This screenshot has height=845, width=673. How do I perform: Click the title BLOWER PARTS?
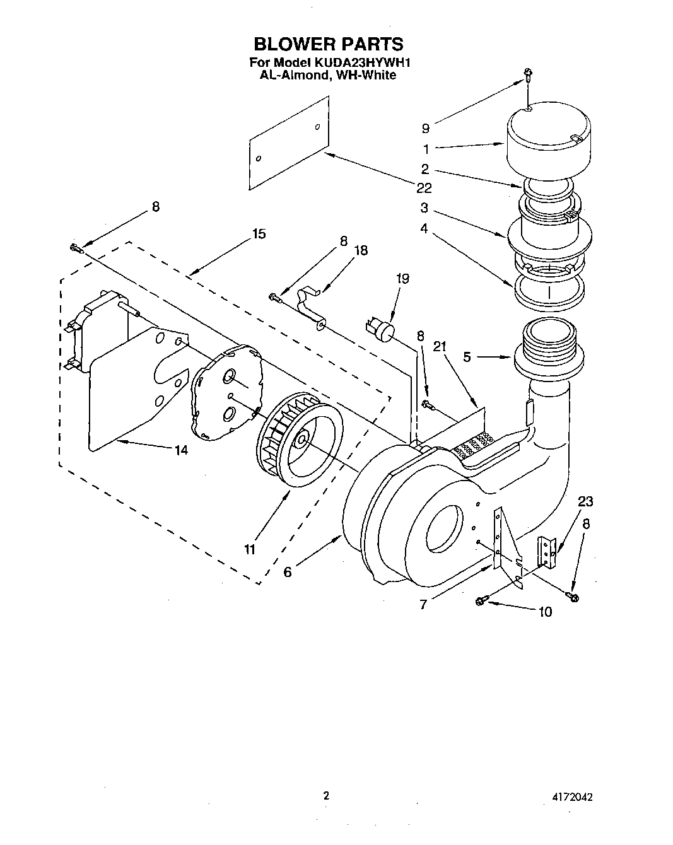pyautogui.click(x=327, y=44)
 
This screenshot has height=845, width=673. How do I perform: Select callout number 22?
pyautogui.click(x=424, y=188)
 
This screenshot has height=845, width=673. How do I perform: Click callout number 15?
pyautogui.click(x=259, y=233)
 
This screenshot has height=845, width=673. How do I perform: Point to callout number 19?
pyautogui.click(x=402, y=278)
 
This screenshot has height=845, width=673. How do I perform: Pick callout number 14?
pyautogui.click(x=181, y=450)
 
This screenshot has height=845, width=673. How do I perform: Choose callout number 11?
pyautogui.click(x=250, y=549)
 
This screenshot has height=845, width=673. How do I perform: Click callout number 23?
pyautogui.click(x=585, y=501)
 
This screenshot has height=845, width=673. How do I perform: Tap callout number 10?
pyautogui.click(x=544, y=611)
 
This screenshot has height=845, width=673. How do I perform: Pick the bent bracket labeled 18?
pyautogui.click(x=311, y=307)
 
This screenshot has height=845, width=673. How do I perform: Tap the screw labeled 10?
pyautogui.click(x=481, y=601)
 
